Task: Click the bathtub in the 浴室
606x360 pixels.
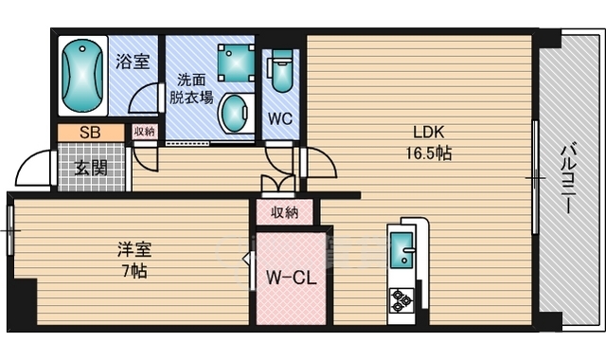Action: tap(82, 76)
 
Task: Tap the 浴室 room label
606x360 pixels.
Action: tap(133, 61)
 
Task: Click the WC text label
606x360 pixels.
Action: tap(280, 118)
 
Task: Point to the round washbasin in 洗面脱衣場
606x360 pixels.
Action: tap(235, 113)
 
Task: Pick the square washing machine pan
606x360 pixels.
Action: tap(236, 63)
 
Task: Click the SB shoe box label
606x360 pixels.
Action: tap(90, 133)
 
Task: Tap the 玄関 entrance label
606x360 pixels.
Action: tap(91, 168)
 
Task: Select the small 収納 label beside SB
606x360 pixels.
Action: tap(144, 132)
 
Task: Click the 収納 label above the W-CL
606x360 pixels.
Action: tap(284, 212)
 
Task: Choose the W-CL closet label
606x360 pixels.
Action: tap(292, 278)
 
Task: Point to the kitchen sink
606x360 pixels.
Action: tap(401, 250)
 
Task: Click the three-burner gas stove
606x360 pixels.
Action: tap(401, 300)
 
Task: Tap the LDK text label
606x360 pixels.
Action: tap(429, 133)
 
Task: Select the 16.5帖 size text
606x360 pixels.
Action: tap(429, 153)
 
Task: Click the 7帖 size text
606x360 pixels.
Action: tap(134, 271)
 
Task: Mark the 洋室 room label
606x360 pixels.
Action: tap(134, 249)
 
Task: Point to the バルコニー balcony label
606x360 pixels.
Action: tap(568, 179)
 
